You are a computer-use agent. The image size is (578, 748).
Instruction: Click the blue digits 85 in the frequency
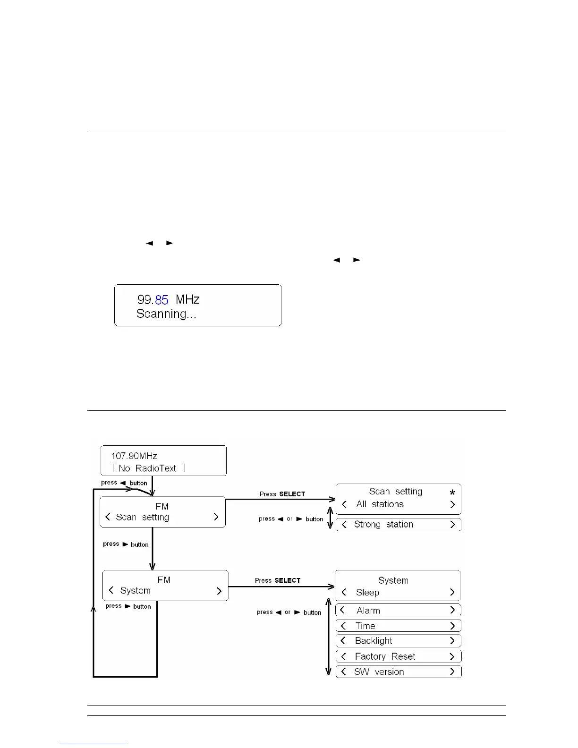click(x=161, y=299)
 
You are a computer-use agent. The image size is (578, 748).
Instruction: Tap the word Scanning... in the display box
click(x=166, y=314)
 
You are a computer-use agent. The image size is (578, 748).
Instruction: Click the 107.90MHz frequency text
click(x=134, y=456)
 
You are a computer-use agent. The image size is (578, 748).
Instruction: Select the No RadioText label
click(x=149, y=468)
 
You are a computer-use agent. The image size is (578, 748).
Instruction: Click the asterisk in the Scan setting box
click(x=452, y=493)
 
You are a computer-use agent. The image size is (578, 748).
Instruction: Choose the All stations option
click(x=380, y=504)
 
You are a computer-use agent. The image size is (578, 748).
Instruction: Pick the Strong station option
click(x=383, y=525)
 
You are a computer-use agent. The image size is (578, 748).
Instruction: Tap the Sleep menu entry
click(x=367, y=593)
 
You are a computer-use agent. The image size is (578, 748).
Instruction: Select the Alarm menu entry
click(x=368, y=611)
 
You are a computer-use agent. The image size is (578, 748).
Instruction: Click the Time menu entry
click(x=365, y=626)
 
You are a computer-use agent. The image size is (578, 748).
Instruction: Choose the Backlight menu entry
click(x=374, y=641)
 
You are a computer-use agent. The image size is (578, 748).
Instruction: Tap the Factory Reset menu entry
click(x=385, y=656)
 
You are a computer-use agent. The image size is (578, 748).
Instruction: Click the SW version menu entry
click(x=379, y=672)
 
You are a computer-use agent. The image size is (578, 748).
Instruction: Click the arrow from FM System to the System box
click(x=281, y=586)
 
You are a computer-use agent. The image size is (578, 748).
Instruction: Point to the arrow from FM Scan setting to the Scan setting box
click(x=281, y=499)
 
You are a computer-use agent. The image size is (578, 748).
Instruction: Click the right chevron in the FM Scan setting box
click(x=216, y=517)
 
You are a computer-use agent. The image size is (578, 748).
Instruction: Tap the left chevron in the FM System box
click(x=111, y=590)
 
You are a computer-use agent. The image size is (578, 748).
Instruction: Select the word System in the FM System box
click(x=135, y=591)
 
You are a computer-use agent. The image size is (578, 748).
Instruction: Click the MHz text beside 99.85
click(x=187, y=299)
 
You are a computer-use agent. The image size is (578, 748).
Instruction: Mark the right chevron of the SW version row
click(x=452, y=671)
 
